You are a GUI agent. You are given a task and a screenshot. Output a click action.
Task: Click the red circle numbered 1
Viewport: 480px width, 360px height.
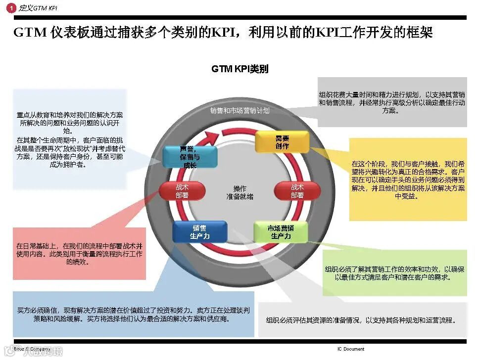(11, 8)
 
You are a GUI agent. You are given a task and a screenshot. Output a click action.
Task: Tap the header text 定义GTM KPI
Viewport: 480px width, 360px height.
(38, 8)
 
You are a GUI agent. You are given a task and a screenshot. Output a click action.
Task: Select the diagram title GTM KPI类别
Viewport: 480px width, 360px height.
(240, 69)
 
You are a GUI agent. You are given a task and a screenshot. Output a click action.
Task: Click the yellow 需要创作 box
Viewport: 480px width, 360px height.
(282, 142)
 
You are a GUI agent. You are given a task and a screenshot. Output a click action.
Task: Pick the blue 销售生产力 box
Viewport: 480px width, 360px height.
(200, 232)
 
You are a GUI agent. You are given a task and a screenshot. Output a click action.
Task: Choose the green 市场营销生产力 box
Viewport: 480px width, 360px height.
(281, 232)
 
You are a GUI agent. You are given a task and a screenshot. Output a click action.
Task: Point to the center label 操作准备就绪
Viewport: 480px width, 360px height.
(240, 192)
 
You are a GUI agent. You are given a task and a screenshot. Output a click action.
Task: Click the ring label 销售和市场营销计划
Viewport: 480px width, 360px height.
(240, 111)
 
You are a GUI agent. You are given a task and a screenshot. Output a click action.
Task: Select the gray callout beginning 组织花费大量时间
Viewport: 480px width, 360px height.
(392, 102)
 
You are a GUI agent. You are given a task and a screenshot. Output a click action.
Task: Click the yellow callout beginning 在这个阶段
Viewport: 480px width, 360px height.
(408, 179)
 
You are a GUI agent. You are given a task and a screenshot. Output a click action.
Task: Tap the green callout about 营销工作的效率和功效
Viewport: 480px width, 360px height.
(394, 273)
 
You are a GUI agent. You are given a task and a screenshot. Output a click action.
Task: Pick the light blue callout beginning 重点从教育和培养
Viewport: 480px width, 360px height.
(70, 140)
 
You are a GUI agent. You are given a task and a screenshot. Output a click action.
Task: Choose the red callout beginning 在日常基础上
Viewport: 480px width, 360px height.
(80, 253)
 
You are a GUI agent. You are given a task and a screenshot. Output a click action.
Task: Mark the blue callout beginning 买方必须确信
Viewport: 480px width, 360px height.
(133, 314)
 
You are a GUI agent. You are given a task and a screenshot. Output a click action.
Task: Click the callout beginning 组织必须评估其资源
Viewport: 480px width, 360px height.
(361, 320)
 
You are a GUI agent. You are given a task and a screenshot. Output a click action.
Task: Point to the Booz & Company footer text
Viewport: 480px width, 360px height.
(32, 349)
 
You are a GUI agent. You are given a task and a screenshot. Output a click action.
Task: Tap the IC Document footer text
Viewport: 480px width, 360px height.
(351, 349)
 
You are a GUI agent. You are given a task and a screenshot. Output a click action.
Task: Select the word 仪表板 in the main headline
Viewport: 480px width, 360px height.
(75, 33)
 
